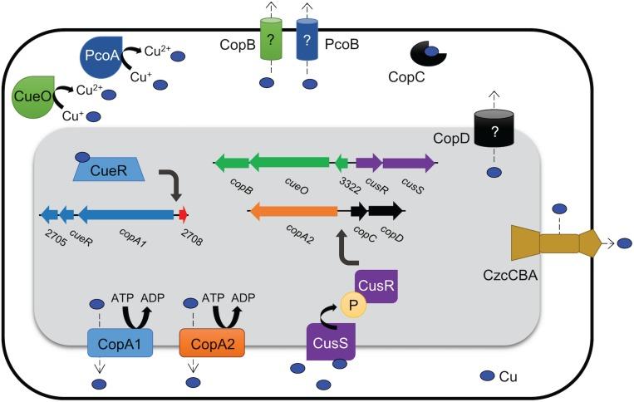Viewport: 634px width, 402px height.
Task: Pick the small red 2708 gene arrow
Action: click(183, 215)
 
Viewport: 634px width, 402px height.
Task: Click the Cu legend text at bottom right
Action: click(509, 378)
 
